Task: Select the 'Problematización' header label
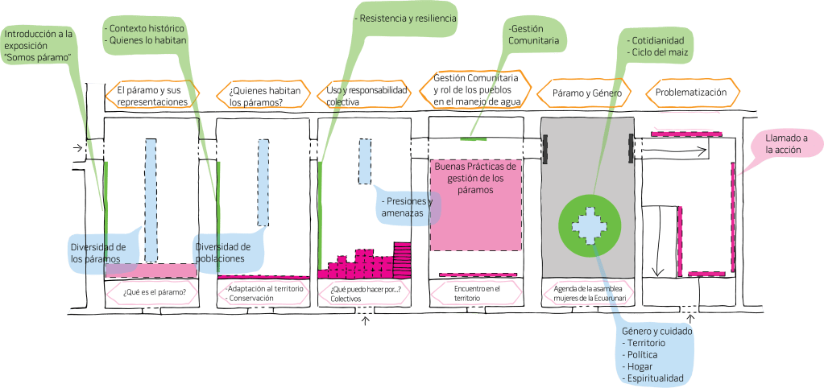point(691,93)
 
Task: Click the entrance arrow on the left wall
point(77,148)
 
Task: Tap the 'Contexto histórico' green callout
point(148,35)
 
